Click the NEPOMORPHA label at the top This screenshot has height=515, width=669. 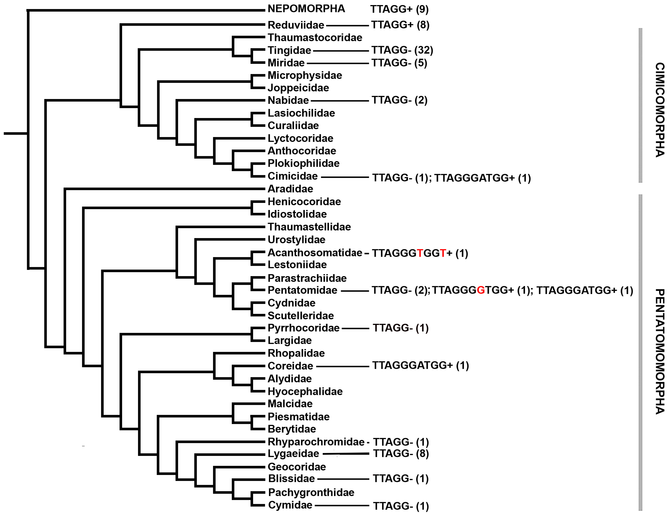click(x=306, y=9)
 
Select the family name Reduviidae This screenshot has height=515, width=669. click(x=296, y=25)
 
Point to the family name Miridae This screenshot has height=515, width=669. click(x=286, y=63)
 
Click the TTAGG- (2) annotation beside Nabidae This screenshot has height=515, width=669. click(x=399, y=100)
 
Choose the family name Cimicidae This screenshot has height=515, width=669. click(x=292, y=176)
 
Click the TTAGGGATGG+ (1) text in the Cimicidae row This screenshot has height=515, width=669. click(x=482, y=178)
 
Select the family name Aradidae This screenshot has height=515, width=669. click(x=290, y=189)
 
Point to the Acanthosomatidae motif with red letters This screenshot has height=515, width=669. click(x=420, y=253)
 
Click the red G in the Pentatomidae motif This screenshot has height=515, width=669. click(x=481, y=290)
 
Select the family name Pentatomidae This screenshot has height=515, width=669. click(x=302, y=290)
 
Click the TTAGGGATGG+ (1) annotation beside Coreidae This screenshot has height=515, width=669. click(x=420, y=365)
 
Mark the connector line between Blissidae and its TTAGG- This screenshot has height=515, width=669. click(x=343, y=479)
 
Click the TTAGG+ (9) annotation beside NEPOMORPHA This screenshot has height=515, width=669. click(x=399, y=9)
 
